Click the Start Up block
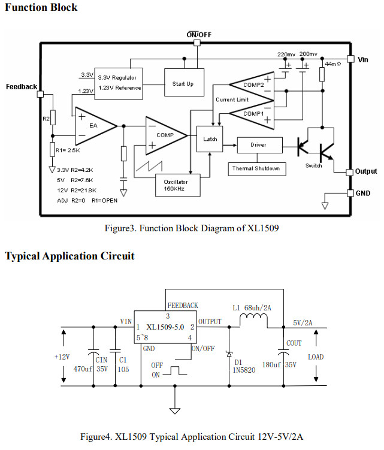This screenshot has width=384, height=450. pos(183,84)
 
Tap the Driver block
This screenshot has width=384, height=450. pos(258,144)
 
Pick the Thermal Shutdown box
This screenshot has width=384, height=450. pos(256,168)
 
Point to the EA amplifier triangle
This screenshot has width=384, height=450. pos(95,125)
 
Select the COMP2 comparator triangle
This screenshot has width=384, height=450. pos(252,85)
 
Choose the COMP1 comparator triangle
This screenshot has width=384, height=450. pos(252,113)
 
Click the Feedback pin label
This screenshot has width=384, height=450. pos(22,86)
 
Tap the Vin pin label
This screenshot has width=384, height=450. pos(364,59)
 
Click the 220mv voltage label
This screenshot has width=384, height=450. pos(286,54)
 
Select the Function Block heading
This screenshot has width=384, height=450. pos(41,8)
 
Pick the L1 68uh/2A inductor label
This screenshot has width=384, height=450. pos(252,308)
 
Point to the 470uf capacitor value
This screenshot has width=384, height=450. pos(83,369)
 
